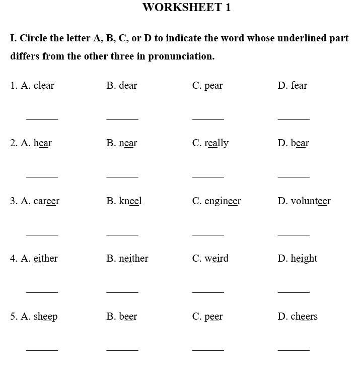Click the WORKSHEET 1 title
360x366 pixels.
(187, 8)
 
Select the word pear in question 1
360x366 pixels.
(213, 86)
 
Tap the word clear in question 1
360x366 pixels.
(44, 86)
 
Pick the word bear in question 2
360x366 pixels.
(300, 143)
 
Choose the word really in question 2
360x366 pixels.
(217, 144)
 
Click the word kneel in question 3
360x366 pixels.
(130, 201)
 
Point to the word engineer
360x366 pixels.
(223, 202)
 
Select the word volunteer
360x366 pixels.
(311, 201)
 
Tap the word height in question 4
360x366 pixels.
(304, 259)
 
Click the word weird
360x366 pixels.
(217, 259)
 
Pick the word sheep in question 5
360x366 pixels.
(45, 317)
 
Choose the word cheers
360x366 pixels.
(304, 317)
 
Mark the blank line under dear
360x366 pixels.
(122, 119)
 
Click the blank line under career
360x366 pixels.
(42, 234)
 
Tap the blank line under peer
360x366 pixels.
(208, 349)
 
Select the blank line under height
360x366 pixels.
(294, 292)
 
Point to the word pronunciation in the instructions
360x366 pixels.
(178, 56)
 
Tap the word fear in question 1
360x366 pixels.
(299, 86)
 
